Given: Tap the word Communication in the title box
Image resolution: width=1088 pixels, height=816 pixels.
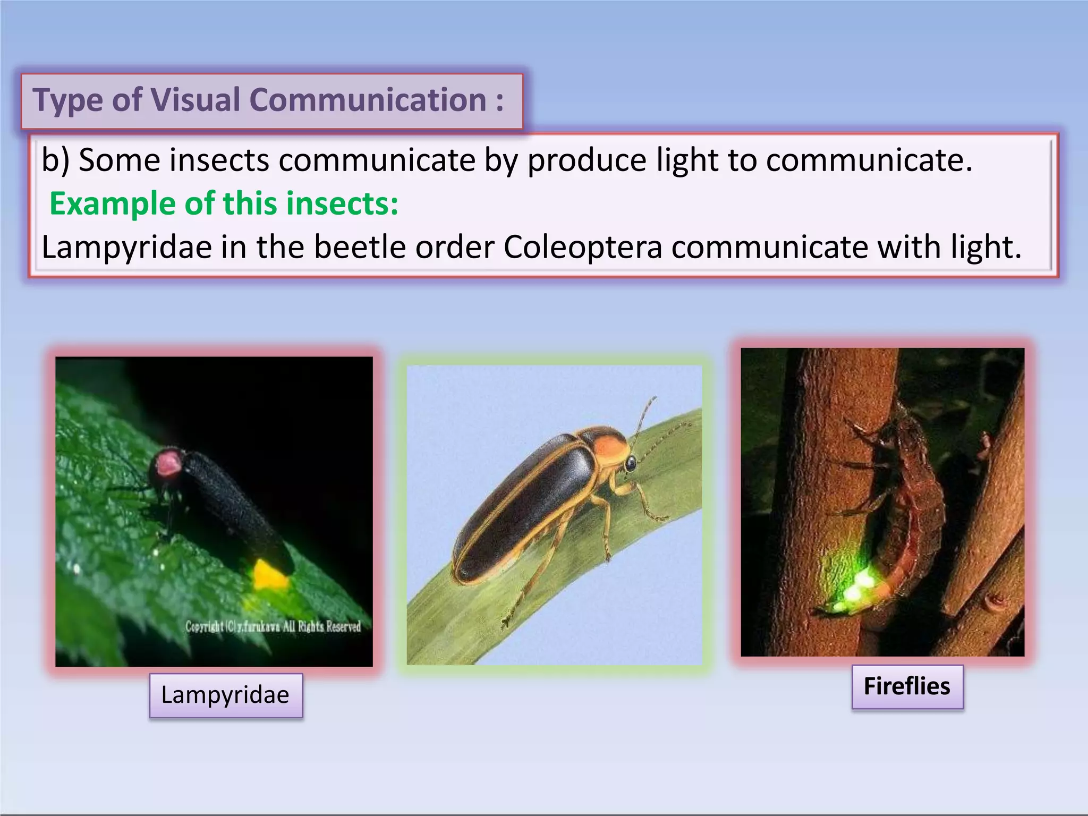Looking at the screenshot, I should [368, 99].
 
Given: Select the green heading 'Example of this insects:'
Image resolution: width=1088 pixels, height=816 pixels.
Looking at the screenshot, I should [224, 203].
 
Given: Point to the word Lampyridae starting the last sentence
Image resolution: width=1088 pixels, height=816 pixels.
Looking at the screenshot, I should [126, 247].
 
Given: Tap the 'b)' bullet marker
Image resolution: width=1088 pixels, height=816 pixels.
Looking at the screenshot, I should [55, 160].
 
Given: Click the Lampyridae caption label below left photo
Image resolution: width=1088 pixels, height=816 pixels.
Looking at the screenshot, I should [225, 695].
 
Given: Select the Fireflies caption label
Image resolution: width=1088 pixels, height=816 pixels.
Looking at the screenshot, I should [907, 686].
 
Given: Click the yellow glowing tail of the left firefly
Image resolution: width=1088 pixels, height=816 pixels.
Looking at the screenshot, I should [270, 575].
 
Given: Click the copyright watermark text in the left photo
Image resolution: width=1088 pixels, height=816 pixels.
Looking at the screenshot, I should [273, 626].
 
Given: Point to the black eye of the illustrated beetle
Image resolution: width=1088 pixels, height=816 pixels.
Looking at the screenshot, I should [631, 464].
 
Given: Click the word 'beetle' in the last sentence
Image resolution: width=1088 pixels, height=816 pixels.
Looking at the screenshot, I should [360, 247].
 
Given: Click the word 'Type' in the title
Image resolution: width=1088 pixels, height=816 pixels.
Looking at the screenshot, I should [67, 99].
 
